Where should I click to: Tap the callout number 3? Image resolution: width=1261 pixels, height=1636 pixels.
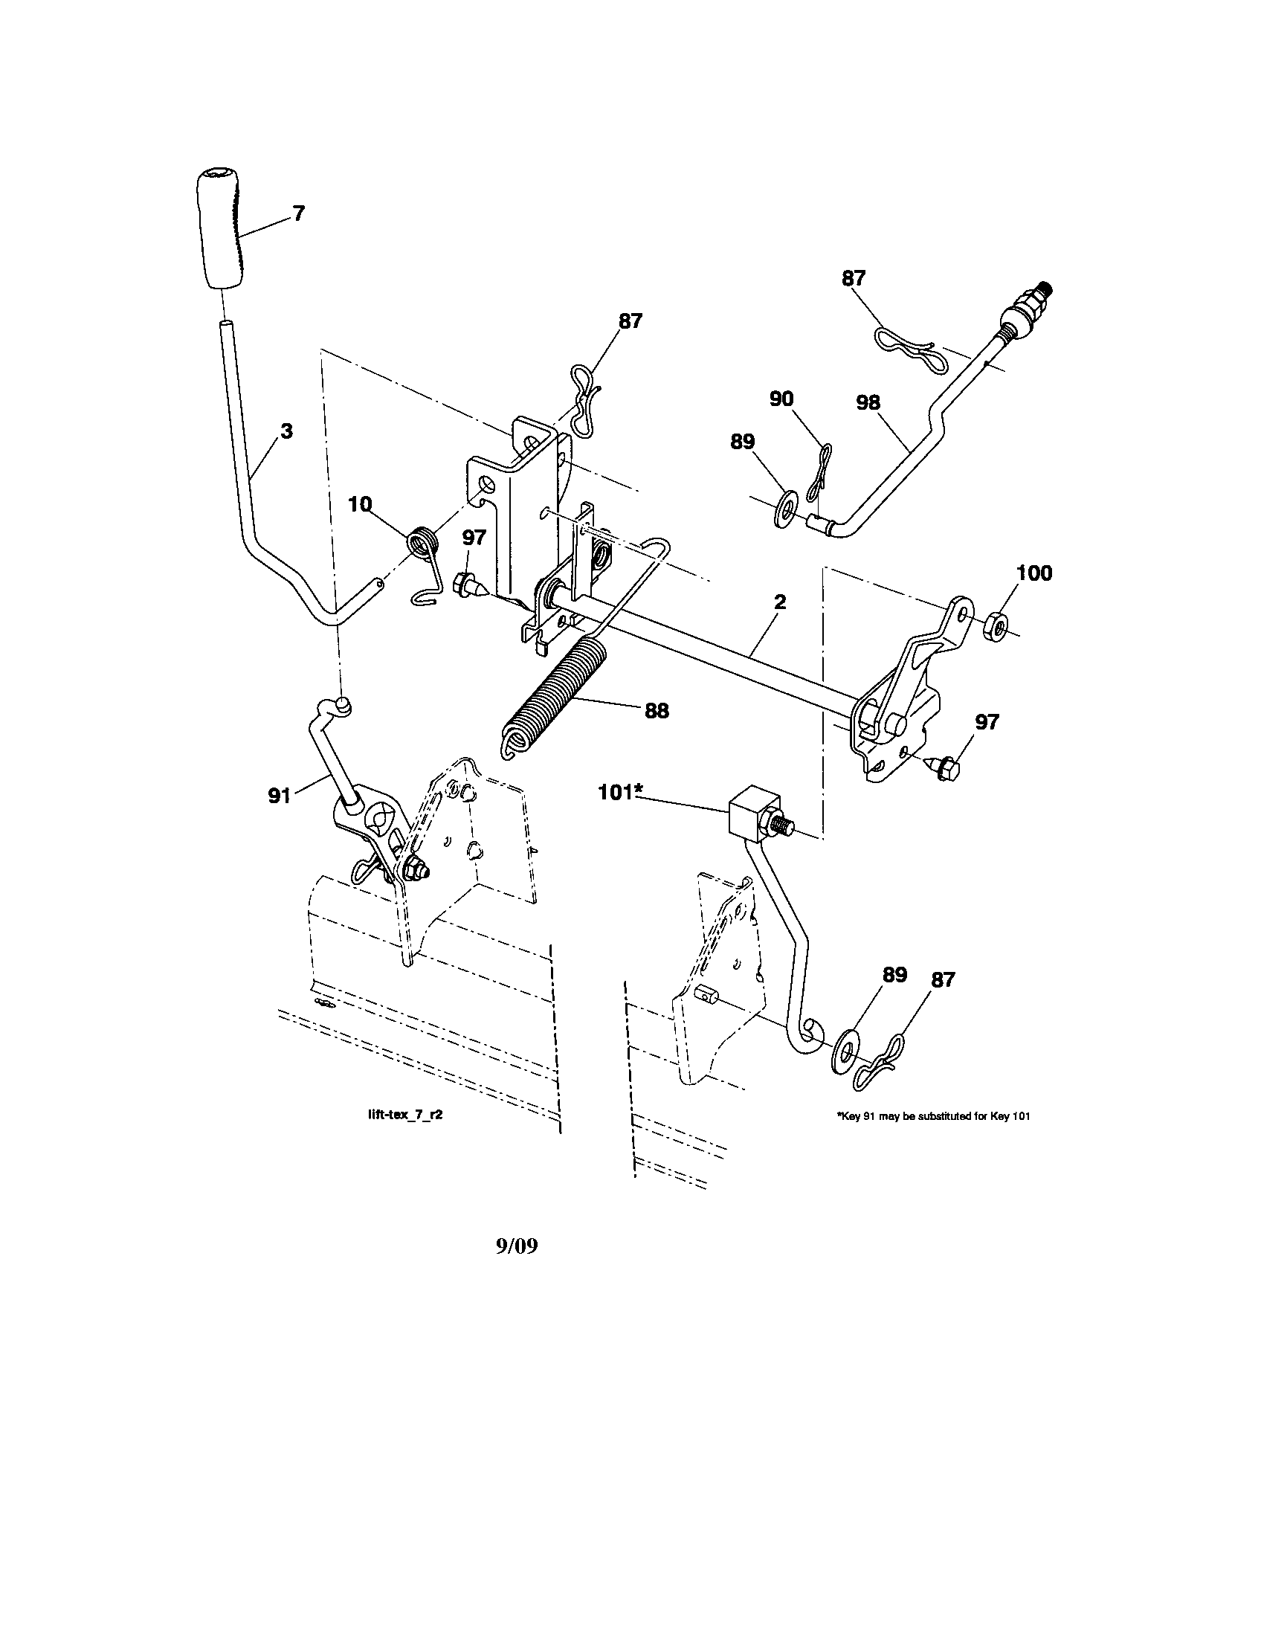tap(287, 431)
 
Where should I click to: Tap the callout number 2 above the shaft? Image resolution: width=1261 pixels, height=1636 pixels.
tap(780, 602)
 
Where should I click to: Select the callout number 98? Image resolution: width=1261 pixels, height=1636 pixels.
tap(868, 402)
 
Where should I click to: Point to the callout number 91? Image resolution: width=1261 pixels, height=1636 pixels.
tap(280, 797)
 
